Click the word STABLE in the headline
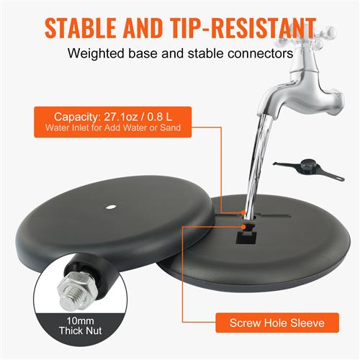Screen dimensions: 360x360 click(x=81, y=28)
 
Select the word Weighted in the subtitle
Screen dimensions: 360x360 click(x=96, y=53)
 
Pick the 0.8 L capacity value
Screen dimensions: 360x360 click(x=160, y=117)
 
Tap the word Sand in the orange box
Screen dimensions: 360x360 click(x=171, y=127)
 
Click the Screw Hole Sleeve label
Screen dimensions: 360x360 click(x=277, y=323)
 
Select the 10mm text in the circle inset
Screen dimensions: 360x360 click(x=80, y=320)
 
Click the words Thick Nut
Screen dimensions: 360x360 click(x=80, y=330)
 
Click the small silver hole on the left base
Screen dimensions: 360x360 click(x=110, y=207)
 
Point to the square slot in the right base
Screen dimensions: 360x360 click(x=246, y=238)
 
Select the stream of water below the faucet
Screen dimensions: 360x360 click(x=258, y=167)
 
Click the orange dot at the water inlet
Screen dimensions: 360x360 click(x=243, y=212)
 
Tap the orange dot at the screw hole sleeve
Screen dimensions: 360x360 click(x=244, y=227)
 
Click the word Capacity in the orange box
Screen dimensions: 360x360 click(x=76, y=117)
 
